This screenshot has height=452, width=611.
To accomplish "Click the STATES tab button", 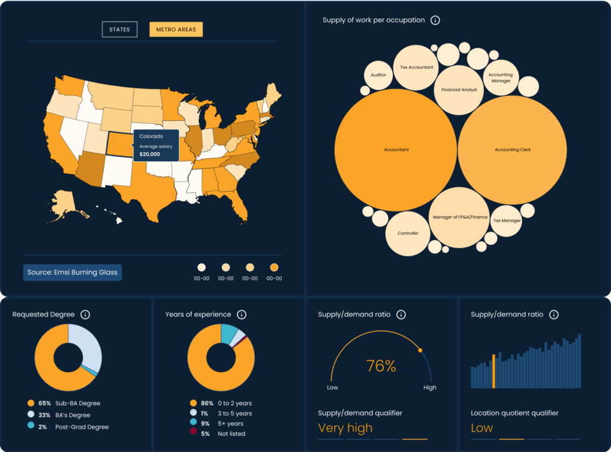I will (x=119, y=29).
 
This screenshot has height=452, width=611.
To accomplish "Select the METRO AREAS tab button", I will (x=176, y=29).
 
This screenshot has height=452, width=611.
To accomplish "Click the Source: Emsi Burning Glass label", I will (x=72, y=272).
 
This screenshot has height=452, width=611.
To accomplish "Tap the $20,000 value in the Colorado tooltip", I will (x=149, y=154).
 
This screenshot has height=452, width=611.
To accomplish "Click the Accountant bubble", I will (x=396, y=150).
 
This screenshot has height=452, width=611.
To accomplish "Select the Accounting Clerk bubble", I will (x=512, y=150).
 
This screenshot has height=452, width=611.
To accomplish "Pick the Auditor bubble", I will (x=378, y=75).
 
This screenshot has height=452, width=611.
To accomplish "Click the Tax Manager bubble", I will (x=507, y=220).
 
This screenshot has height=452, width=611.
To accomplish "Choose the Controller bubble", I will (x=408, y=233).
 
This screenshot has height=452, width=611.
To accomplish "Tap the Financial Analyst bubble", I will (x=459, y=90).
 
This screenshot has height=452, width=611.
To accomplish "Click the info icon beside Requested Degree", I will (x=85, y=315).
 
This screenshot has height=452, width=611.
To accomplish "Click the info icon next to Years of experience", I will (x=242, y=315).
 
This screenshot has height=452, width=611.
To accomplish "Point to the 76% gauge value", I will (x=381, y=366).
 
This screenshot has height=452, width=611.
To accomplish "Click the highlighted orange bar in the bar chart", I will (x=493, y=371).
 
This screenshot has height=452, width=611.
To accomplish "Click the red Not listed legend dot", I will (x=193, y=433).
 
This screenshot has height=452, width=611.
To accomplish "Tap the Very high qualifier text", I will (x=345, y=428).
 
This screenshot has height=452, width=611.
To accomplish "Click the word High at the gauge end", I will (x=430, y=388).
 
